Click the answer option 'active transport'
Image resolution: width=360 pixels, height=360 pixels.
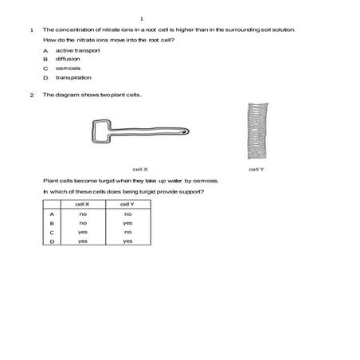(x=77, y=50)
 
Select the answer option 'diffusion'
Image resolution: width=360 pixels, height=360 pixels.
(x=68, y=59)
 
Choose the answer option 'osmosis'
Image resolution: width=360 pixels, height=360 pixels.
(x=68, y=68)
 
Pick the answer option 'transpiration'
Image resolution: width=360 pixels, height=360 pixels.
(x=72, y=78)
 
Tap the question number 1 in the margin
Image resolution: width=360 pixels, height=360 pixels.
(x=30, y=29)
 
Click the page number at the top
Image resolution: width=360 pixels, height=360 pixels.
(x=141, y=18)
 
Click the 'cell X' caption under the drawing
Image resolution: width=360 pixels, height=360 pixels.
(x=140, y=170)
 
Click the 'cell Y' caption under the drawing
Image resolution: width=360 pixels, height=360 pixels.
(x=256, y=170)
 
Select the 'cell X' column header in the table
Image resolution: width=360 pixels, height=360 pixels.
(x=82, y=205)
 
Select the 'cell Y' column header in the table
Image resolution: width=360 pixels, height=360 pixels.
(x=127, y=205)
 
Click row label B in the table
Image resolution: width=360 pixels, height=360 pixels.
(x=51, y=223)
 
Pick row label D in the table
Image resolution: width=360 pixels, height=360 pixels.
(x=51, y=241)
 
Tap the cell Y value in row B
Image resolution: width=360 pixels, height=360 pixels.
(x=127, y=223)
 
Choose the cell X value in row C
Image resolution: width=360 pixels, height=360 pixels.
(x=82, y=232)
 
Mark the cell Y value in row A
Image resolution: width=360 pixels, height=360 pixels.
(x=127, y=214)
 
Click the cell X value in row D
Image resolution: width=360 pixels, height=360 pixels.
(x=82, y=241)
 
